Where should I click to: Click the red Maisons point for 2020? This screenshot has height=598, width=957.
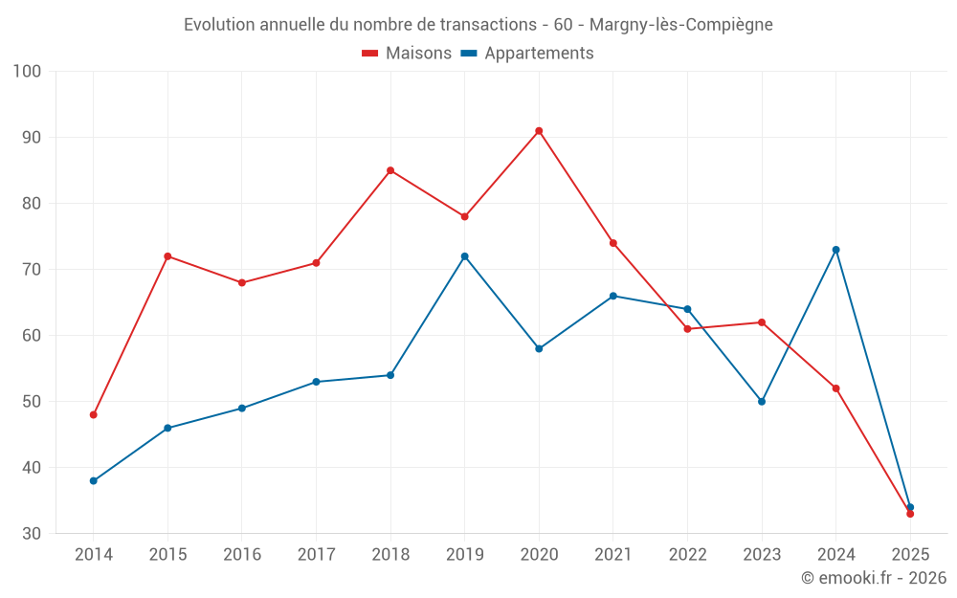539,131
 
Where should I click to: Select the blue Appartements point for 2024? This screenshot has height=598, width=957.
835,250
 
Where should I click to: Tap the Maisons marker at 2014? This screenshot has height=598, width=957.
93,414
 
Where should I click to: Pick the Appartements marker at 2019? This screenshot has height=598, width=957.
464,256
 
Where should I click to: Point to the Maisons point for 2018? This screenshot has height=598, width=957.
390,170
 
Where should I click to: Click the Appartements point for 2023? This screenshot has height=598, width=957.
762,401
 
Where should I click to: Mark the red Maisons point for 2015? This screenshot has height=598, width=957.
167,256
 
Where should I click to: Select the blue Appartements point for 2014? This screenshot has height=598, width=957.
93,480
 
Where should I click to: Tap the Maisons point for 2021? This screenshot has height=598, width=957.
613,243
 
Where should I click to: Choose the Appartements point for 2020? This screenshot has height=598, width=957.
539,348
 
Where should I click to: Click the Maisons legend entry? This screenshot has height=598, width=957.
407,54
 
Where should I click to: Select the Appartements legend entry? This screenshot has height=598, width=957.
527,54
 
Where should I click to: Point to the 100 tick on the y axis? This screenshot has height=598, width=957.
28,72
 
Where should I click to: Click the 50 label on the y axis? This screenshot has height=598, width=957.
33,402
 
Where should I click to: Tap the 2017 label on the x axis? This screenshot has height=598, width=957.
316,555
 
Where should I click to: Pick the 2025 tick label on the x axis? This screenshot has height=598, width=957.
910,555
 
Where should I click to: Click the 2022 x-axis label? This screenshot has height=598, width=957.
687,555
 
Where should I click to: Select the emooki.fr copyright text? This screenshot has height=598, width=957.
874,578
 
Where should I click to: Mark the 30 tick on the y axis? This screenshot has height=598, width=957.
33,534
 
